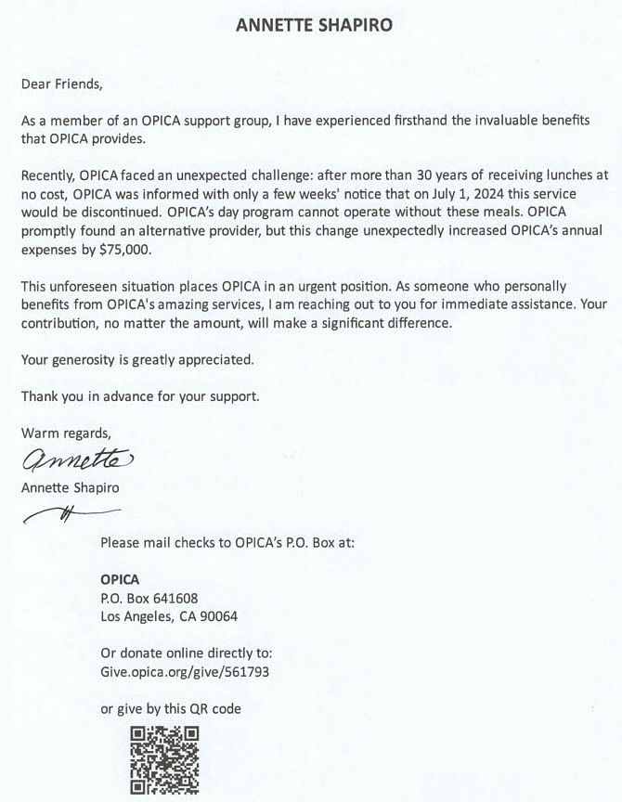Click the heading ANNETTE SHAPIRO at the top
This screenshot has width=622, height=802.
pos(314,25)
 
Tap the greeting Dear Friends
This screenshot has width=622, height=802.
pos(62,84)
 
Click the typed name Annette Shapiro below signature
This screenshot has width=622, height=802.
pos(70,487)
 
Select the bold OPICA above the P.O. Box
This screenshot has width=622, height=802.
pos(120,579)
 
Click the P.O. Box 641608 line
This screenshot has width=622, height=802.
pos(149,598)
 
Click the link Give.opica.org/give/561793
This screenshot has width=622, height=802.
pos(185,671)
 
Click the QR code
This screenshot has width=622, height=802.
pos(164,759)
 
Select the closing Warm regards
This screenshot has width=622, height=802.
pos(65,433)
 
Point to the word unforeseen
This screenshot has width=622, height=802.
pos(93,286)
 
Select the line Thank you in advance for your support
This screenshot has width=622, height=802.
pos(140,396)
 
